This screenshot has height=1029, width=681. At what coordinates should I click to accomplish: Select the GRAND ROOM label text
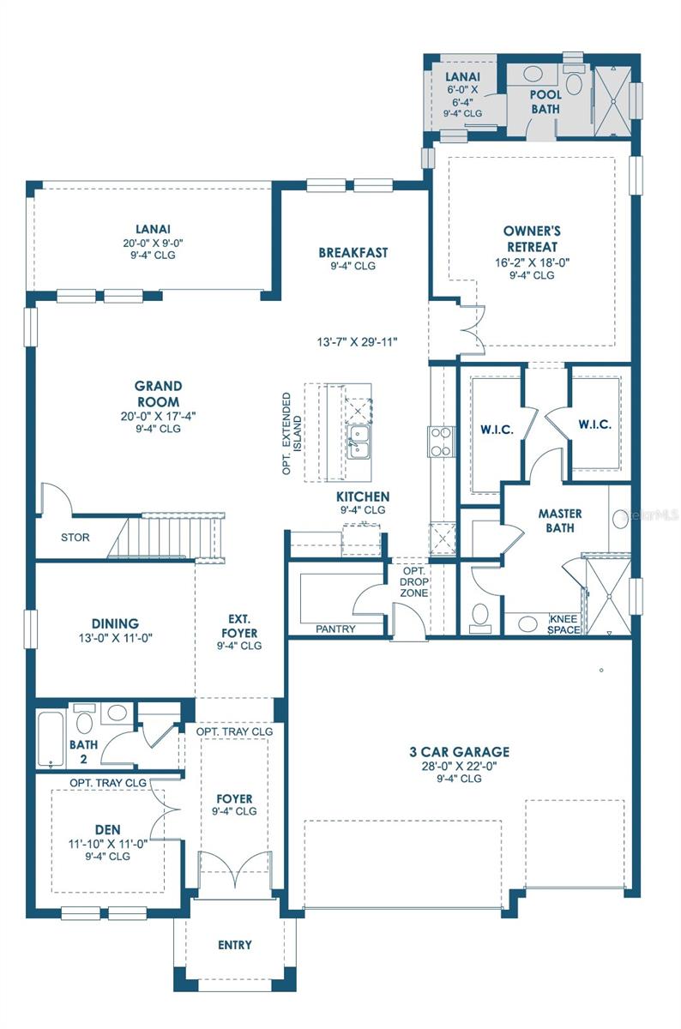tap(158, 394)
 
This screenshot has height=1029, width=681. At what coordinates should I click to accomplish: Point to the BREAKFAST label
tap(353, 253)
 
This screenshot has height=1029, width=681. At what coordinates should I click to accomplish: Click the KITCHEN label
tap(363, 496)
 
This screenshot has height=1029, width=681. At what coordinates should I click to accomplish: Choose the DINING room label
tap(115, 623)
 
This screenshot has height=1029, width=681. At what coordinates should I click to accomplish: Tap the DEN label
tap(108, 829)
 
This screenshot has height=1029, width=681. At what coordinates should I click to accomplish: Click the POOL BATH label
tap(545, 101)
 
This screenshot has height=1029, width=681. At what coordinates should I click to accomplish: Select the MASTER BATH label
tap(560, 521)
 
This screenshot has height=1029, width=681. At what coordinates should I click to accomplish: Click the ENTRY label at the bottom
tap(235, 945)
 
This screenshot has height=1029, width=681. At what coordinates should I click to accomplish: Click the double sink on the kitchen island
tap(359, 443)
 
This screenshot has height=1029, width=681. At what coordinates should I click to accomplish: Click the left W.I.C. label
tap(497, 430)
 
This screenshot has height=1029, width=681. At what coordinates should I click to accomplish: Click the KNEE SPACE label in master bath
tap(563, 623)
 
